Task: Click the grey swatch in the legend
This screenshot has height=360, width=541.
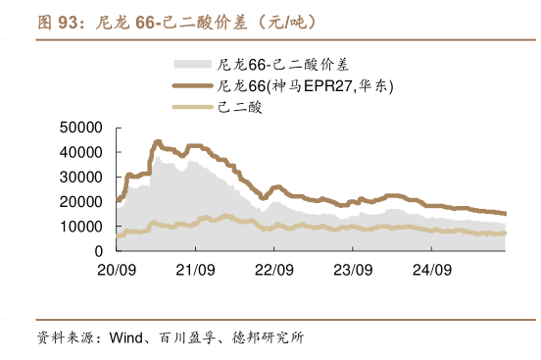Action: point(193,65)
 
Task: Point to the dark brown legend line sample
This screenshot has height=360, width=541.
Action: point(193,86)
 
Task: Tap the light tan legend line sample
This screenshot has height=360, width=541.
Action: point(193,108)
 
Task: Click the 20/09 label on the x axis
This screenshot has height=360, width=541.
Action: point(117,268)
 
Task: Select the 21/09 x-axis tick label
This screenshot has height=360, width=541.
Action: point(195,268)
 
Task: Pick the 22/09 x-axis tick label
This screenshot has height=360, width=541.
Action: point(273,268)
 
